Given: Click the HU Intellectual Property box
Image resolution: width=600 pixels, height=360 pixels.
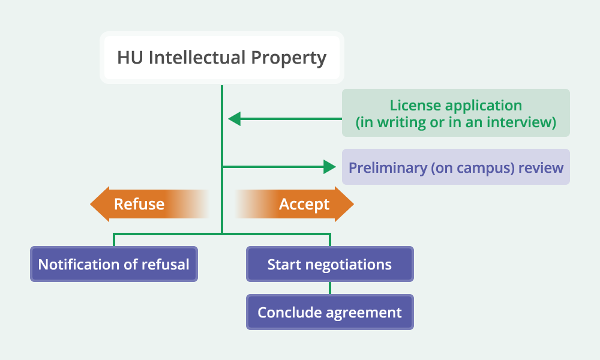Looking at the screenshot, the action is (x=222, y=58).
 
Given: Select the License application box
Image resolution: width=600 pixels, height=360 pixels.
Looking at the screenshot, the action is (x=456, y=113).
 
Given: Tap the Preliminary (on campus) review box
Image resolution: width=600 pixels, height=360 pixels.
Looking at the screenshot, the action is (x=456, y=167).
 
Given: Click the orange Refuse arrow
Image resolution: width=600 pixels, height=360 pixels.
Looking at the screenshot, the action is (x=149, y=204).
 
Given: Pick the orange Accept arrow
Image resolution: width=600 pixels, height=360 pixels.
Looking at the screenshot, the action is (x=295, y=204).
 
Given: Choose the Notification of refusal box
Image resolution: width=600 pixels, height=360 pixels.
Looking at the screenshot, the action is (x=114, y=264).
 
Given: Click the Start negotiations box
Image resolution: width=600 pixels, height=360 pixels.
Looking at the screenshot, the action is (x=330, y=264).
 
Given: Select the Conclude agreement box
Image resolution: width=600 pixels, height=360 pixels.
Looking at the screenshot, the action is (x=330, y=312).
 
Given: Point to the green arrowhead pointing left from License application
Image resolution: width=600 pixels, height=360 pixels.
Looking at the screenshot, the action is (x=234, y=119).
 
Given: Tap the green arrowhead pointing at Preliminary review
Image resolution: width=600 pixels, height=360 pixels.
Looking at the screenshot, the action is (x=329, y=167).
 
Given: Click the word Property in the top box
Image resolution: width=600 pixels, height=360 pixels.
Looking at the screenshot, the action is (x=289, y=58).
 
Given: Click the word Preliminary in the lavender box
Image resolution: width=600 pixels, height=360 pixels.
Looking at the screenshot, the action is (x=388, y=167).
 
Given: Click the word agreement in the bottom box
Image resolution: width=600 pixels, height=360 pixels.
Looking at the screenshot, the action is (x=364, y=313).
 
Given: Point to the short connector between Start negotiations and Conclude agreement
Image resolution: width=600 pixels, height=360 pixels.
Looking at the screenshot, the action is (x=330, y=288).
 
